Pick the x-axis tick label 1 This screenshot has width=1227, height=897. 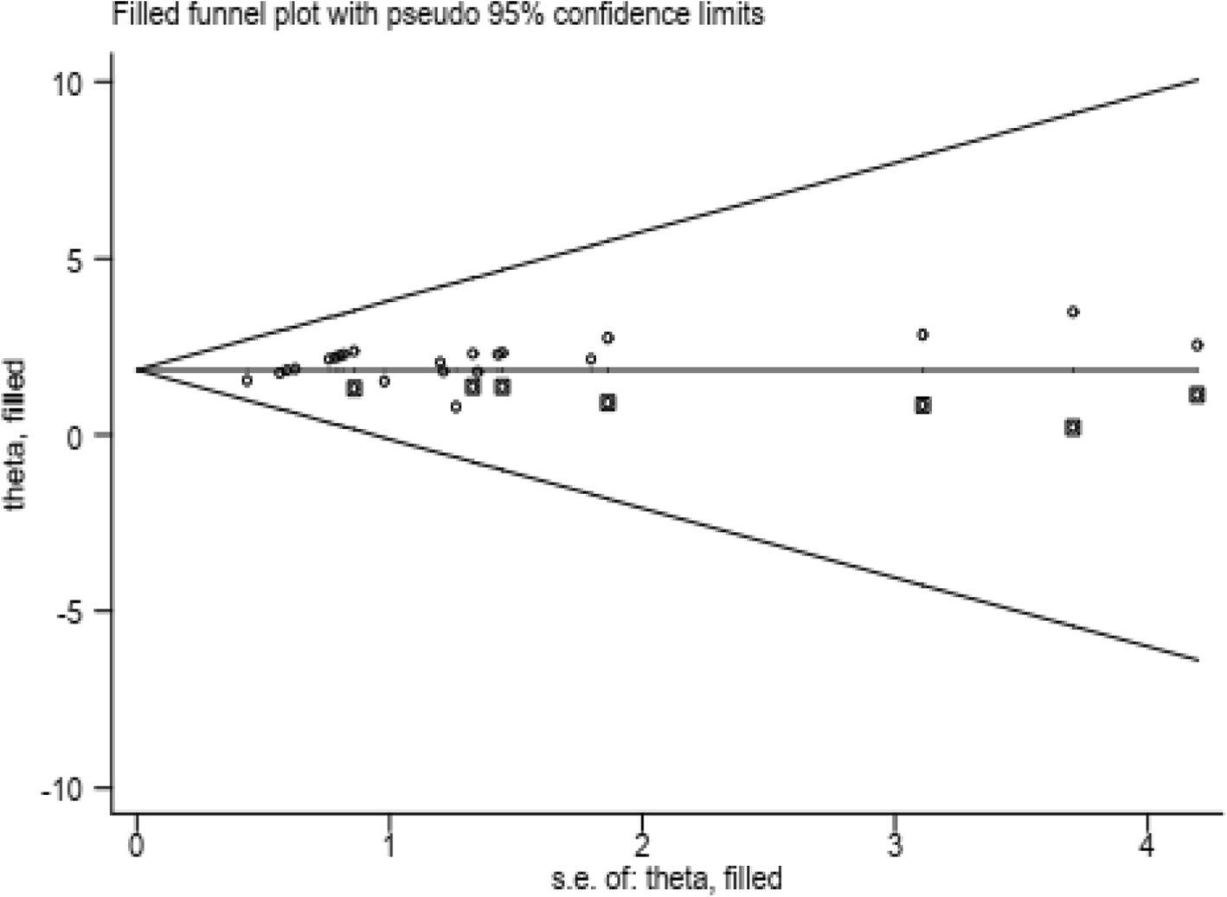coord(389,845)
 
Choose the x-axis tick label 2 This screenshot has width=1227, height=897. coord(641,845)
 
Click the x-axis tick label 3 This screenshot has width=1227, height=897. coord(895,845)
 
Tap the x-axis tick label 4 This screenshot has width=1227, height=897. coord(1147,845)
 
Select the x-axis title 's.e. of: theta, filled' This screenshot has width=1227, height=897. coord(666,879)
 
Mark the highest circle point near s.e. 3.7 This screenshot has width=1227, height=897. coord(1073,311)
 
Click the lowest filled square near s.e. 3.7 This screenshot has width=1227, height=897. coord(1073,427)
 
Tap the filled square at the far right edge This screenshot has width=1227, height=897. coord(1197,394)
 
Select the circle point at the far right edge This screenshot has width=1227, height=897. coord(1197,345)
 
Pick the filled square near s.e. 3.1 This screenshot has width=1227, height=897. coord(923,405)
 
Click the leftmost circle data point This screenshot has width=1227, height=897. coord(247,381)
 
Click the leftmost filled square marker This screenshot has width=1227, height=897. coord(354,388)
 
